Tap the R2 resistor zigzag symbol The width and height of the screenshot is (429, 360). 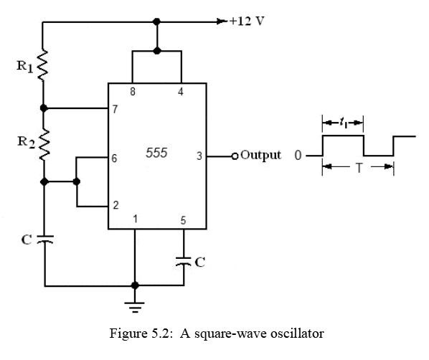pyautogui.click(x=43, y=146)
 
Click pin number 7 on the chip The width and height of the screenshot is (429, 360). pyautogui.click(x=115, y=109)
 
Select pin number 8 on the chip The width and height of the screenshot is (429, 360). pyautogui.click(x=132, y=92)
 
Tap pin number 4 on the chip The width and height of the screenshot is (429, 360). pyautogui.click(x=181, y=92)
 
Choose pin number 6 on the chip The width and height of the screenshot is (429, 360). pyautogui.click(x=115, y=157)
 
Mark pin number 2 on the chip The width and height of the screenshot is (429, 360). pyautogui.click(x=115, y=206)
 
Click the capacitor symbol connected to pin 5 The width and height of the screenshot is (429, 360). pyautogui.click(x=183, y=261)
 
